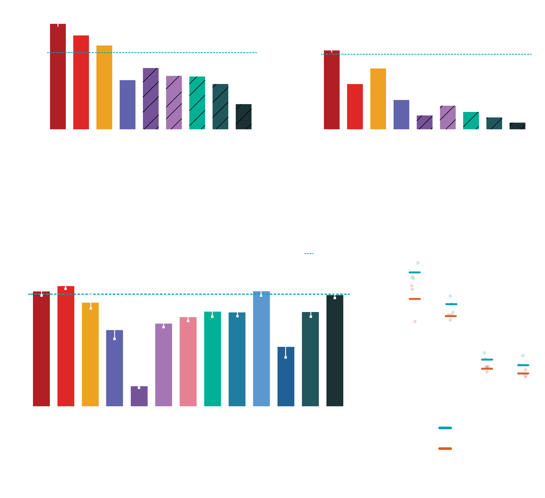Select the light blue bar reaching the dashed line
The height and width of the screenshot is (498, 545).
(x=261, y=349)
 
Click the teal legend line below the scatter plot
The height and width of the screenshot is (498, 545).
(x=445, y=428)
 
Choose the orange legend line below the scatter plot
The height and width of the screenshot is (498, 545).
(x=445, y=449)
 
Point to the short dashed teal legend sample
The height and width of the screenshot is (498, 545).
(x=309, y=254)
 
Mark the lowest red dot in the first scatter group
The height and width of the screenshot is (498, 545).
(x=415, y=321)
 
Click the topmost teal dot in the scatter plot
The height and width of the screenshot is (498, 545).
(x=418, y=263)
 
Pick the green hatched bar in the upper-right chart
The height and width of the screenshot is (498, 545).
(x=471, y=121)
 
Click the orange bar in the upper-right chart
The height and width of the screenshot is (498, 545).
(x=378, y=99)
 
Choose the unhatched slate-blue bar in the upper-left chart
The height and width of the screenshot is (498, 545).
(x=127, y=105)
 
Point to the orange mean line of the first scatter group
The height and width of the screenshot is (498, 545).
(x=415, y=299)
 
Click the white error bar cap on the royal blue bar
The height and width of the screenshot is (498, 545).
(x=286, y=357)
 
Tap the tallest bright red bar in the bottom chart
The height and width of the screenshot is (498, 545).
(x=66, y=346)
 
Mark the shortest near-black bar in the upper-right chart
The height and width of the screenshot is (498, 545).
(x=517, y=126)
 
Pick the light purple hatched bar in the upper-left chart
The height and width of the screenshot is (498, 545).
(x=174, y=103)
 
